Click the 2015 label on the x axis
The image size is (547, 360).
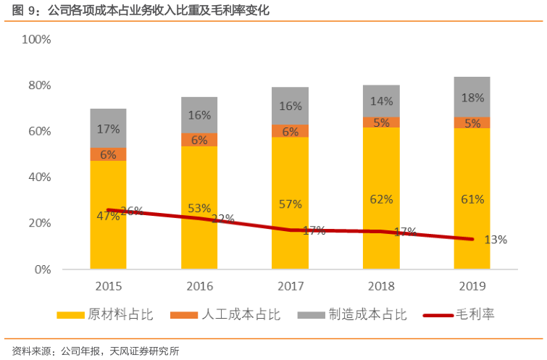coord(108,285)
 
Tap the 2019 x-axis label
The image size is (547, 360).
coord(472,285)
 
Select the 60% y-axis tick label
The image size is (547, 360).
coord(39,131)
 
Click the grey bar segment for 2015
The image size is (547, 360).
coord(108,128)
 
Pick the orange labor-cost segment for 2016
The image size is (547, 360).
coord(199,140)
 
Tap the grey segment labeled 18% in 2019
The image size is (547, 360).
coord(472,97)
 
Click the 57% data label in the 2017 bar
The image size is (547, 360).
coord(290,204)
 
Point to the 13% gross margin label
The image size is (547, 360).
coord(495,240)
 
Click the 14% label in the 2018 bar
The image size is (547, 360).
coord(381,101)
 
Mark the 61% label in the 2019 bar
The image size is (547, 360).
coord(472,199)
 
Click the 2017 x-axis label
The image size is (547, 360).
coord(290,285)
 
